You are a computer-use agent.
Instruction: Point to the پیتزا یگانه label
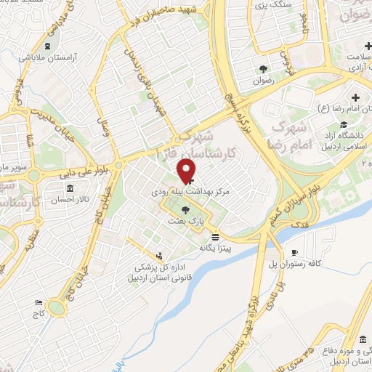click(x=216, y=248)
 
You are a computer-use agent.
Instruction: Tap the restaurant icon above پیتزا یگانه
click(x=215, y=237)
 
